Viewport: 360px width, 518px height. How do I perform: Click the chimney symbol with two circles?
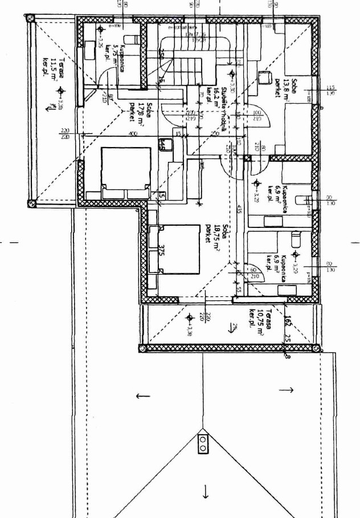point(203,443)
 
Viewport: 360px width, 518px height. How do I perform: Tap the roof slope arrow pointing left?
point(142,395)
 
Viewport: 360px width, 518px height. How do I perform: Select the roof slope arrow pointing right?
point(287,390)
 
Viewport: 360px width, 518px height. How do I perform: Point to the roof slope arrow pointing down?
point(205,492)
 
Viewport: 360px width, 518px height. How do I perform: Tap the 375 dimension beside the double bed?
point(162,251)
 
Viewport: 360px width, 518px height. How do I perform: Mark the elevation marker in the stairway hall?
point(231,74)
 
